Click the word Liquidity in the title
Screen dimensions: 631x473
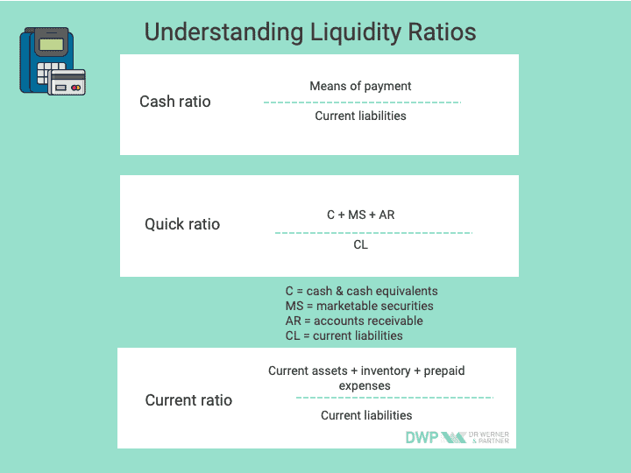pos(355,32)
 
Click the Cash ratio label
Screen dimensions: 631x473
pos(175,102)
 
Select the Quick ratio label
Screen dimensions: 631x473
pos(182,224)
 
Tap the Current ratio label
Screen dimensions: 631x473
pos(188,400)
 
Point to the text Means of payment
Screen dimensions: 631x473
pos(360,86)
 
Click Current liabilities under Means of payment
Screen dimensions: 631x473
pos(360,116)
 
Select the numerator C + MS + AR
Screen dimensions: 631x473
pos(360,215)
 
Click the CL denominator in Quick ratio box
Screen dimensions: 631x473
pos(360,244)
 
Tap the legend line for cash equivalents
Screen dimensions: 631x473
pos(361,291)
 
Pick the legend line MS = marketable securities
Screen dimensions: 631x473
pos(359,306)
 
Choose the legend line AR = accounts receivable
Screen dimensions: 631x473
pos(354,321)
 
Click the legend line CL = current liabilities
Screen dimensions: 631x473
pos(344,335)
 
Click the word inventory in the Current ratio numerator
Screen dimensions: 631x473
pos(386,371)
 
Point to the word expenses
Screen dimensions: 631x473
pos(365,386)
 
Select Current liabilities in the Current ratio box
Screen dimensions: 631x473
pos(366,415)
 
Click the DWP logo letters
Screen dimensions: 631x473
pos(422,437)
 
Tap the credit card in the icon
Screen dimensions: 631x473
pos(67,82)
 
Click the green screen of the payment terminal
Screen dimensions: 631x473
pos(52,45)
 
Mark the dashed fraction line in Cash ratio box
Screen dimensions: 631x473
pos(362,102)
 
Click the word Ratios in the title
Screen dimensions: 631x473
pos(442,32)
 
